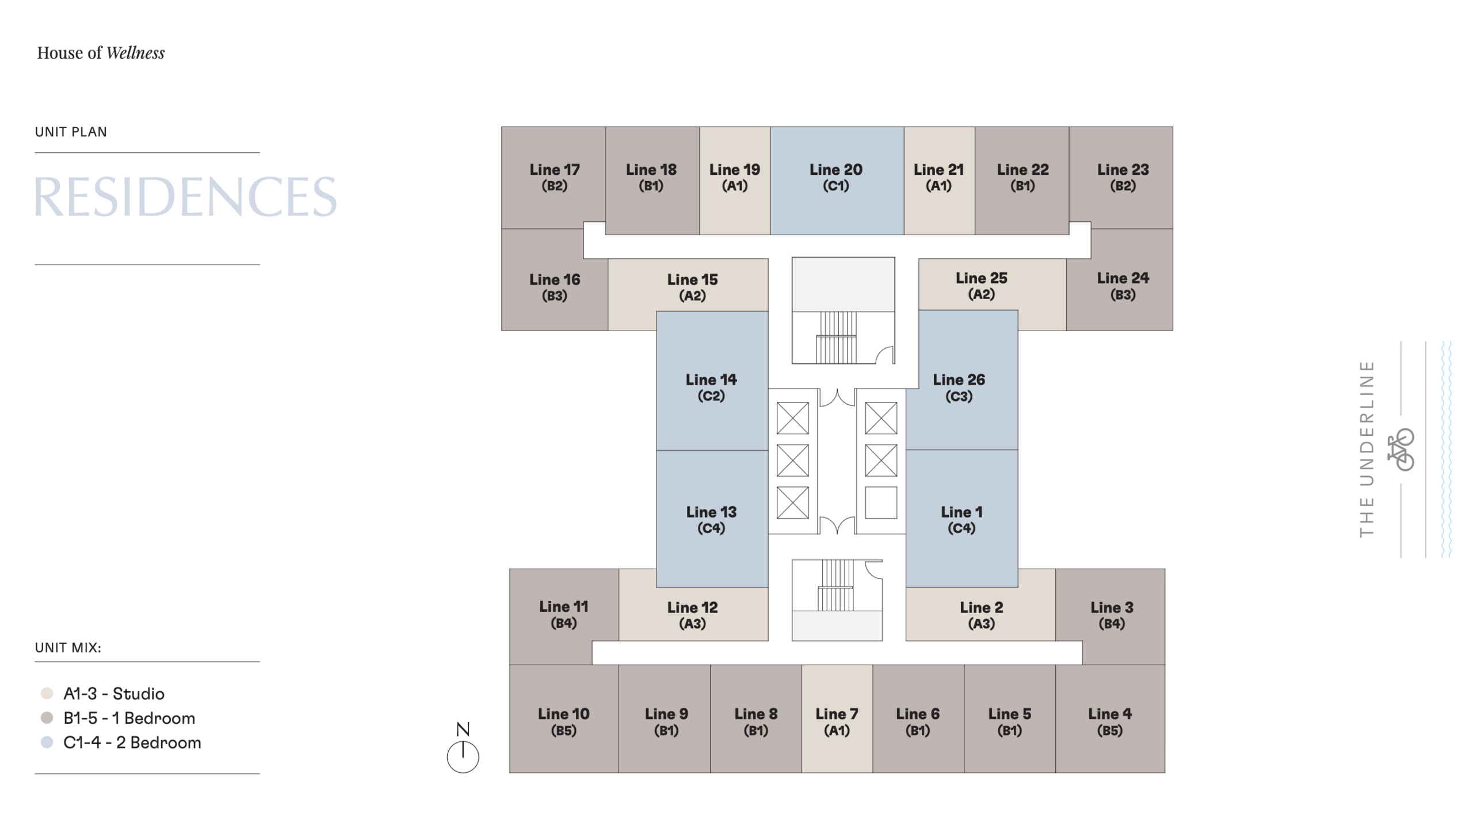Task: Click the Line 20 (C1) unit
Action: click(x=837, y=181)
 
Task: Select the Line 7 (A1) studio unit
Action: click(x=837, y=718)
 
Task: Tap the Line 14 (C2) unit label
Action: click(x=711, y=387)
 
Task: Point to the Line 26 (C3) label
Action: click(x=959, y=387)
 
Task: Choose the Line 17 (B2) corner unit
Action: click(x=553, y=178)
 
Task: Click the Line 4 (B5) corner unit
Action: click(x=1110, y=718)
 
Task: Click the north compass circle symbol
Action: click(x=463, y=757)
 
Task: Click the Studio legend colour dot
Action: click(x=47, y=693)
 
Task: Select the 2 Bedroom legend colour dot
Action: click(x=47, y=742)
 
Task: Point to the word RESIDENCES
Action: click(x=185, y=197)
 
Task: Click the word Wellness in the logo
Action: click(x=136, y=53)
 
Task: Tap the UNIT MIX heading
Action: click(x=68, y=648)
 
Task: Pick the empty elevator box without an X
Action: click(x=881, y=503)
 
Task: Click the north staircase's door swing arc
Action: click(x=885, y=355)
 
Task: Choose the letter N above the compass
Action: click(x=463, y=729)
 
